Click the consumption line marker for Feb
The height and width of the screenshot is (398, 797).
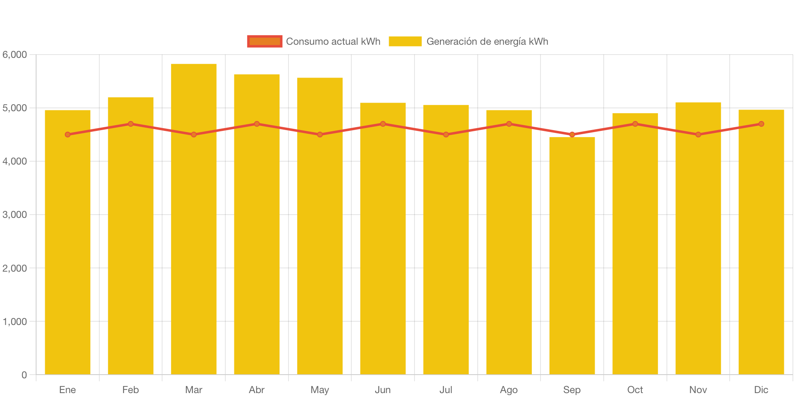(131, 124)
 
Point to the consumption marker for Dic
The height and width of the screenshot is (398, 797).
(761, 124)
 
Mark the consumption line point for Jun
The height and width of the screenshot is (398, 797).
(383, 124)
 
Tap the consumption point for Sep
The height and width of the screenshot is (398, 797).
(572, 135)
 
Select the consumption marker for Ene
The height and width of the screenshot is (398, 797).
(68, 135)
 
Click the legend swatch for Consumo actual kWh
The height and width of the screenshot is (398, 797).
(265, 41)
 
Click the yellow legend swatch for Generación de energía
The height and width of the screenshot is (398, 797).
(405, 41)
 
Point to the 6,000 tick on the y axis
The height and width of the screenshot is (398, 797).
(15, 55)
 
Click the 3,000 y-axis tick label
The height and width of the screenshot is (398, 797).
(15, 215)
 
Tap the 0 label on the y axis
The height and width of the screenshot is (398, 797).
(24, 375)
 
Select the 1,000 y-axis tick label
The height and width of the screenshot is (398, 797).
(15, 321)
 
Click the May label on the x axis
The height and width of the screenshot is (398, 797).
(320, 390)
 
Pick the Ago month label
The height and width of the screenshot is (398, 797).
(509, 390)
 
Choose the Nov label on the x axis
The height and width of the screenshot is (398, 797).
(698, 390)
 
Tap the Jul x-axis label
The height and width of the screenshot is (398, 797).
(446, 390)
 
